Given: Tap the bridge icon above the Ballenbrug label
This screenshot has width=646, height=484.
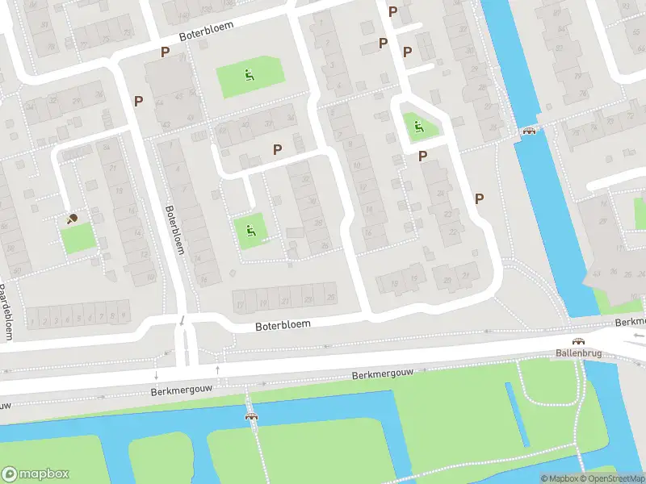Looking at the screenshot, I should tap(578, 341).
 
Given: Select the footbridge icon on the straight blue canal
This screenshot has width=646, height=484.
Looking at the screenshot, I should tap(530, 131).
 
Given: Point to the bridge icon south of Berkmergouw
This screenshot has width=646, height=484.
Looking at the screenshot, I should tap(252, 416).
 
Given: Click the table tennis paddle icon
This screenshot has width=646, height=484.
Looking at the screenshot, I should tap(72, 217).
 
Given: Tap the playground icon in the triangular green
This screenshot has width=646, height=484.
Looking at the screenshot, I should tap(417, 126).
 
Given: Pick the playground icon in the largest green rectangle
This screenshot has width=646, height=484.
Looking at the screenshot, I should tap(250, 77).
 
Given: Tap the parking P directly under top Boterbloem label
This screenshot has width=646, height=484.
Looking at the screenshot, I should tap(165, 52).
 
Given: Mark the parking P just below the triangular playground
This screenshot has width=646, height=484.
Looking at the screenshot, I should tap(422, 156).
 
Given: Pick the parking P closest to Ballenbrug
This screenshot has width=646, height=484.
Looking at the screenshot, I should tap(479, 198).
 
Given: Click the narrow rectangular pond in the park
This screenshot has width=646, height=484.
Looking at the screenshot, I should tap(517, 414).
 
